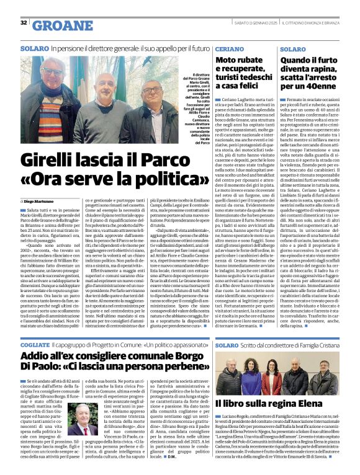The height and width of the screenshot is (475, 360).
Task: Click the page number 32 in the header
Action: [x=24, y=23]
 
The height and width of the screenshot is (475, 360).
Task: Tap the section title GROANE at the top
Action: [x=60, y=25]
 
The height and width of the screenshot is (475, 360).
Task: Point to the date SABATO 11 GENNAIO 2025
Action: [x=235, y=23]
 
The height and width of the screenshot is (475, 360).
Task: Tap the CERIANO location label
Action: [x=230, y=48]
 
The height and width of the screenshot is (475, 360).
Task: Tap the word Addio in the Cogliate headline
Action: [x=34, y=357]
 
